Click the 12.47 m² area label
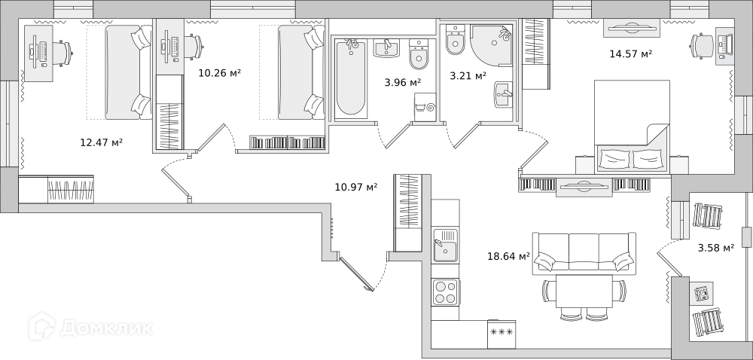pos(102,142)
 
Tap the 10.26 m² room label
pos(219,74)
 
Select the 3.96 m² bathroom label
pos(402,82)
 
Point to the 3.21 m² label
pos(468,75)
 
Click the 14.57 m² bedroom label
pos(630,53)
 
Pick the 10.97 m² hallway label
pos(356,187)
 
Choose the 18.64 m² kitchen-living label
pos(508,256)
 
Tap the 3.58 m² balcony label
pos(715,249)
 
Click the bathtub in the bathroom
pos(351,78)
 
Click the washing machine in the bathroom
pos(425,107)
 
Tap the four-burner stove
pos(445,292)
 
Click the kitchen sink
pos(445,246)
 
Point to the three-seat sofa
pos(584,253)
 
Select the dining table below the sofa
pos(584,291)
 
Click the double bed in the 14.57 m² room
pos(632,127)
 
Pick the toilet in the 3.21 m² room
pos(454,39)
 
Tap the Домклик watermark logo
pos(91,327)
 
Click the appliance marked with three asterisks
pos(501,334)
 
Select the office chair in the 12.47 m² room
pos(61,50)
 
